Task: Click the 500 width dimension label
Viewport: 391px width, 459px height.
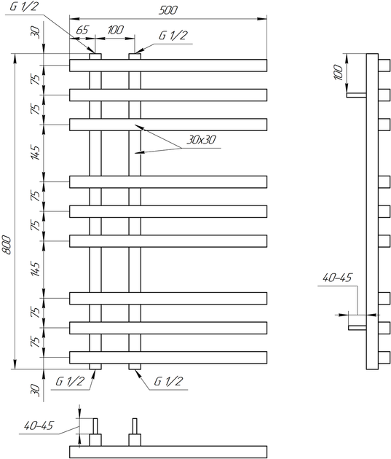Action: pyautogui.click(x=168, y=10)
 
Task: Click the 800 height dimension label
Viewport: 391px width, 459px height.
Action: pyautogui.click(x=7, y=245)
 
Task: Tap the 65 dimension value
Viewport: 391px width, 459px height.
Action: pyautogui.click(x=82, y=30)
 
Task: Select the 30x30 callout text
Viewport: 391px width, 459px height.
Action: pyautogui.click(x=201, y=140)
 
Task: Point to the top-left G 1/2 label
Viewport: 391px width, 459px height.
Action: pyautogui.click(x=24, y=6)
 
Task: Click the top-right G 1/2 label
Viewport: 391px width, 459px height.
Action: pyautogui.click(x=173, y=36)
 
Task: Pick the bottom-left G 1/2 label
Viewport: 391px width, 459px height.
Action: pyautogui.click(x=70, y=382)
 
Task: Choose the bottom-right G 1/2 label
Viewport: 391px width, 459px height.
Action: pyautogui.click(x=168, y=382)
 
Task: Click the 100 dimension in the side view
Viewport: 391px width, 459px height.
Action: pyautogui.click(x=338, y=72)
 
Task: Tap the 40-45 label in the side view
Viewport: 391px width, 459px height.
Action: pyautogui.click(x=337, y=278)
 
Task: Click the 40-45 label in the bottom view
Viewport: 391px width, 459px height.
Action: pyautogui.click(x=39, y=425)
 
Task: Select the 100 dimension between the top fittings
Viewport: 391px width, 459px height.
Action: pyautogui.click(x=116, y=30)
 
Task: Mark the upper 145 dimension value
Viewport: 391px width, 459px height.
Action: pyautogui.click(x=36, y=152)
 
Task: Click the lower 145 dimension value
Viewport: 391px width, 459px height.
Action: pyautogui.click(x=36, y=270)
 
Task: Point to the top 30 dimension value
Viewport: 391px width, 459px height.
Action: pyautogui.click(x=35, y=31)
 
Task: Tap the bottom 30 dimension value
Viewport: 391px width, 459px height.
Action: pyautogui.click(x=35, y=391)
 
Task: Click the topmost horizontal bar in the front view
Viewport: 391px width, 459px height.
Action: pyautogui.click(x=168, y=66)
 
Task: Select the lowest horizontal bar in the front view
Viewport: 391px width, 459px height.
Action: pyautogui.click(x=168, y=358)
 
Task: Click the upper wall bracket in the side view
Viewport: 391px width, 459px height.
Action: pyautogui.click(x=357, y=95)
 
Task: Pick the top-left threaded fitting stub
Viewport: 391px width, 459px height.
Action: pyautogui.click(x=95, y=57)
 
